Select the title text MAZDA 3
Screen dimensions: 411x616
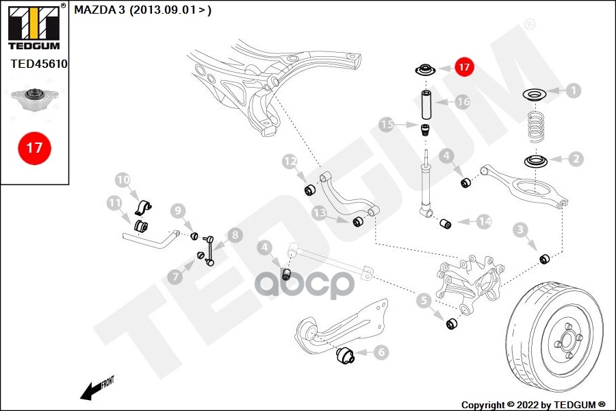[100, 10]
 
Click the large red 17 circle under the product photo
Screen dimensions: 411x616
[34, 147]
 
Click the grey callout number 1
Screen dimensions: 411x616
[573, 90]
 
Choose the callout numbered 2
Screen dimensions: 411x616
[576, 159]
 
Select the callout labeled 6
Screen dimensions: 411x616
[381, 352]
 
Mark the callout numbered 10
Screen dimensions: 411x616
[123, 181]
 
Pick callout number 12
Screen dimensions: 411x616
[290, 162]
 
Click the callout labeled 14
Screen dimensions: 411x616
[484, 221]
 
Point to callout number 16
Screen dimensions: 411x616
[463, 102]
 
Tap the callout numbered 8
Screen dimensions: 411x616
[235, 236]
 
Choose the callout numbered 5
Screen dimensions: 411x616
[424, 299]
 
